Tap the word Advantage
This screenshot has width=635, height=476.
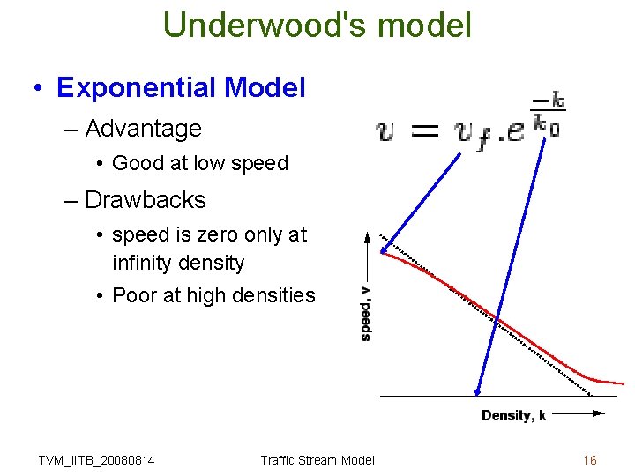[x=143, y=129]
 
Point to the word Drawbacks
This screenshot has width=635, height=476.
[x=145, y=200]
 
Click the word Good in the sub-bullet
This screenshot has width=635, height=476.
[x=136, y=163]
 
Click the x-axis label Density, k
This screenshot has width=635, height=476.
[x=513, y=415]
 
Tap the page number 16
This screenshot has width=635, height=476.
[x=590, y=460]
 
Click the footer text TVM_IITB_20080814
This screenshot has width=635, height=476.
[x=97, y=460]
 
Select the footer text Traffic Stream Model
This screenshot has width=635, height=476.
[x=317, y=460]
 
